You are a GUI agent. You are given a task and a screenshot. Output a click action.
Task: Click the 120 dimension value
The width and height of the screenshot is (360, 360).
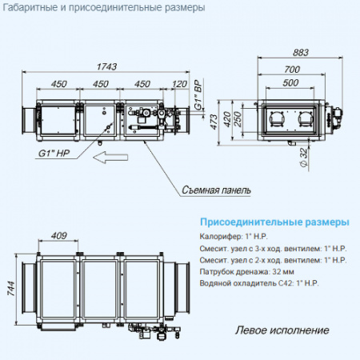(x=179, y=83)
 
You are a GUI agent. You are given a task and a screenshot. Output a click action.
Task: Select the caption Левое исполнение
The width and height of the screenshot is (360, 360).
(x=282, y=330)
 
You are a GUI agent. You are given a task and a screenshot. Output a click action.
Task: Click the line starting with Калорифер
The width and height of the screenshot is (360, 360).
(x=237, y=237)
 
